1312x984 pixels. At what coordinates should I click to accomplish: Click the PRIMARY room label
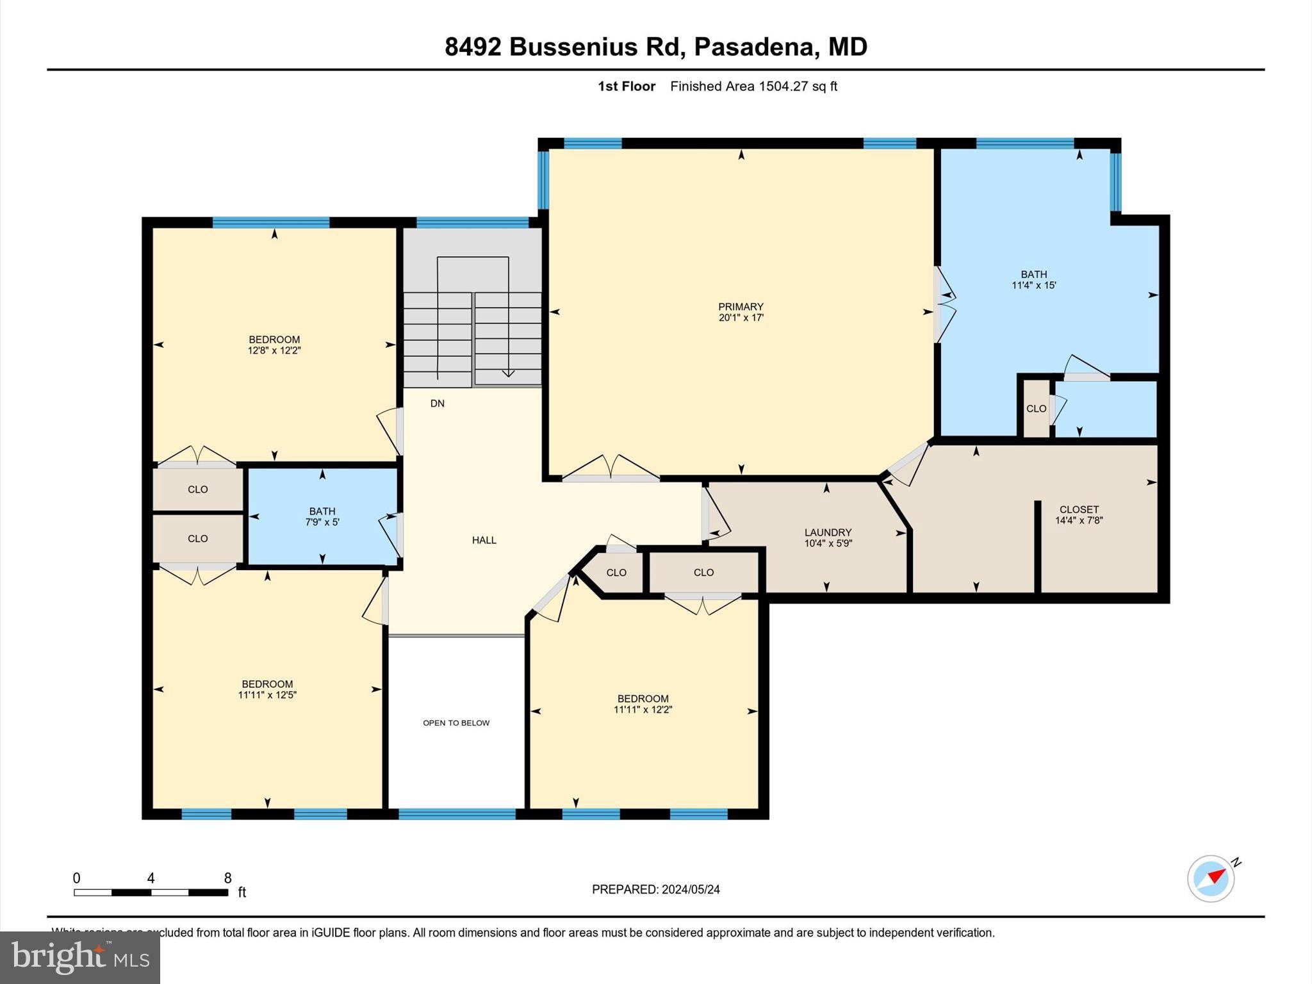click(x=741, y=307)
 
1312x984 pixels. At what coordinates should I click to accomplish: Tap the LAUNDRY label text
click(x=828, y=532)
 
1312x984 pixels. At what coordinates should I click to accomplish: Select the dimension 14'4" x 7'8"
click(x=1079, y=521)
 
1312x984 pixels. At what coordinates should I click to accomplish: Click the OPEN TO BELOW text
click(x=456, y=723)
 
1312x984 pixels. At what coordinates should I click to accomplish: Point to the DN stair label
click(x=438, y=404)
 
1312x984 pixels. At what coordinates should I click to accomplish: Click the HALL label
click(x=484, y=540)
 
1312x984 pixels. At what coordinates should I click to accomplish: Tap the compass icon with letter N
click(x=1211, y=878)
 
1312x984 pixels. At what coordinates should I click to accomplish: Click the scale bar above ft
click(x=151, y=892)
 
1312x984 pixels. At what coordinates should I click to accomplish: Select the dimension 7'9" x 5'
click(x=322, y=522)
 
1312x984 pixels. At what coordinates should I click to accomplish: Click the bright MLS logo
click(x=80, y=957)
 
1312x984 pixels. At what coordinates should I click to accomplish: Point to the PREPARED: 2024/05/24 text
click(x=655, y=889)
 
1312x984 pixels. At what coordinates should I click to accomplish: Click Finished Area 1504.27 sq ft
click(x=753, y=86)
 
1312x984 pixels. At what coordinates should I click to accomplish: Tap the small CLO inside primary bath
click(x=1036, y=409)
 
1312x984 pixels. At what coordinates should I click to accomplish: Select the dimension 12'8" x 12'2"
click(x=274, y=350)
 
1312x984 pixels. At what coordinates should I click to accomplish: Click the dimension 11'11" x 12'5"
click(x=267, y=694)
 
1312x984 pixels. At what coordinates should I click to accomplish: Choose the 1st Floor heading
click(x=627, y=86)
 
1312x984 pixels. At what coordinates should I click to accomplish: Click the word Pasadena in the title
click(x=753, y=47)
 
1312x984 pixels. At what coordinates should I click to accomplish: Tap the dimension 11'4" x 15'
click(x=1033, y=285)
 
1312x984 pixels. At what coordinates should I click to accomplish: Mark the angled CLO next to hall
click(x=616, y=573)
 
